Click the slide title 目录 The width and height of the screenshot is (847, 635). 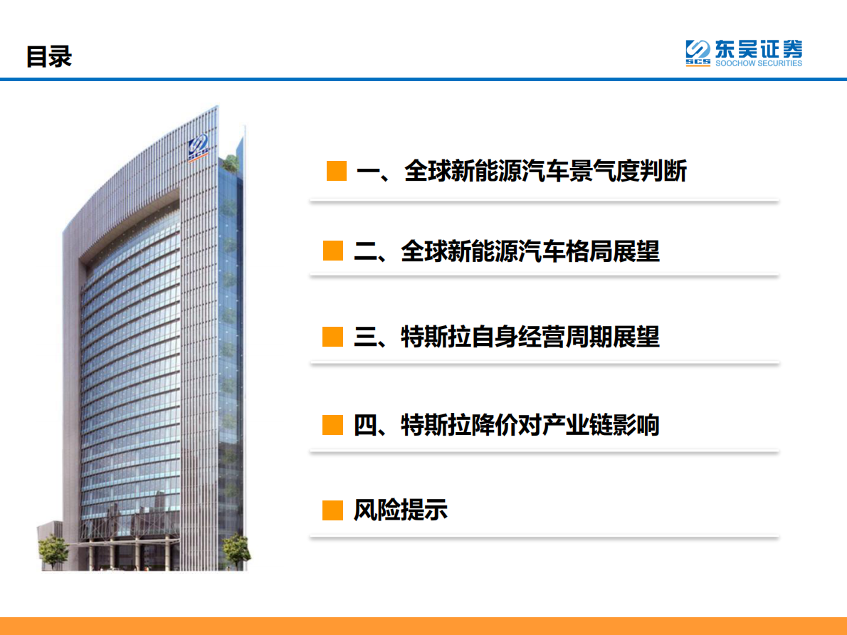(49, 56)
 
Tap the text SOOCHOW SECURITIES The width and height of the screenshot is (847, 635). (758, 63)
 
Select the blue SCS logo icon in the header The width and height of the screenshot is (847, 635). (698, 53)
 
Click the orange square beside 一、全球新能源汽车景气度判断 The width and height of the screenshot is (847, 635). (336, 172)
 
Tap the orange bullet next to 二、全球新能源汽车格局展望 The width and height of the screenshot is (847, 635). (332, 251)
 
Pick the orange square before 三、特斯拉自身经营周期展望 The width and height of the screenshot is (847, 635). (332, 337)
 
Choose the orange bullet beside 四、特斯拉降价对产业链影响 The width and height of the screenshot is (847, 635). (332, 425)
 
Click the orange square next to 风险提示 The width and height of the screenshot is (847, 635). (332, 510)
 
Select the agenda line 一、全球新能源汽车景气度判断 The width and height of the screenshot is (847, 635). (521, 172)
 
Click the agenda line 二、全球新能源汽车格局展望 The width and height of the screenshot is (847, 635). (506, 251)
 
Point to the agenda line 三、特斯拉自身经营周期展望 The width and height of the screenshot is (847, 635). (506, 337)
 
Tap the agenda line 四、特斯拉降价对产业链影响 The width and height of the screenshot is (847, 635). (506, 425)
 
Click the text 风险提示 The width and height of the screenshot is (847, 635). (401, 510)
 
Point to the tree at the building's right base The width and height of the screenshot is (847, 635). (236, 551)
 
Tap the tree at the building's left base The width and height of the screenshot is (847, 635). (51, 552)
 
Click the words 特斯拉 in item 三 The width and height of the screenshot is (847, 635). (436, 337)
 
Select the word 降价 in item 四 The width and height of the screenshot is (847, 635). (494, 425)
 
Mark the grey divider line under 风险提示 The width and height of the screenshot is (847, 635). (544, 537)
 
